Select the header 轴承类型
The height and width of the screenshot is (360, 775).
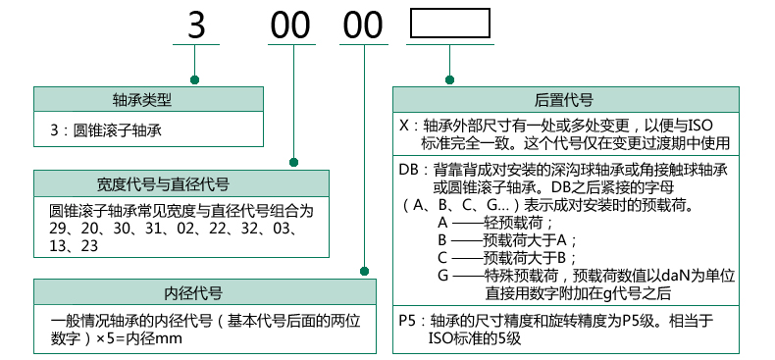pos(148,99)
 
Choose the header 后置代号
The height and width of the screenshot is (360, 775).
pos(563,99)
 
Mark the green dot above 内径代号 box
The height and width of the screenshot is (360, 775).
pos(365,272)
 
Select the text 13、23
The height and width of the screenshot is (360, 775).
pos(74,246)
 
